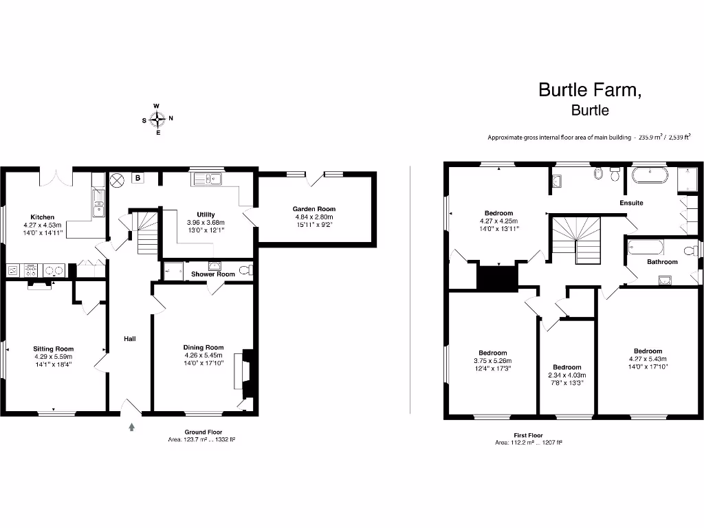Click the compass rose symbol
coord(157,119)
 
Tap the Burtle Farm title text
coord(590,89)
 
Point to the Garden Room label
coord(314,209)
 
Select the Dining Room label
coord(203,347)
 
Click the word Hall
coord(130,339)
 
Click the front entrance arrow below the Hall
coord(131,427)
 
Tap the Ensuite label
coord(631,203)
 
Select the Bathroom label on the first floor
coord(662,262)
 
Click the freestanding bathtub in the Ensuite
coord(650,176)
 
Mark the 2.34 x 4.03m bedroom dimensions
coord(567,375)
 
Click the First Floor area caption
coord(528,439)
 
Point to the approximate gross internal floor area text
coord(579,137)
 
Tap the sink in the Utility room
coord(207,179)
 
